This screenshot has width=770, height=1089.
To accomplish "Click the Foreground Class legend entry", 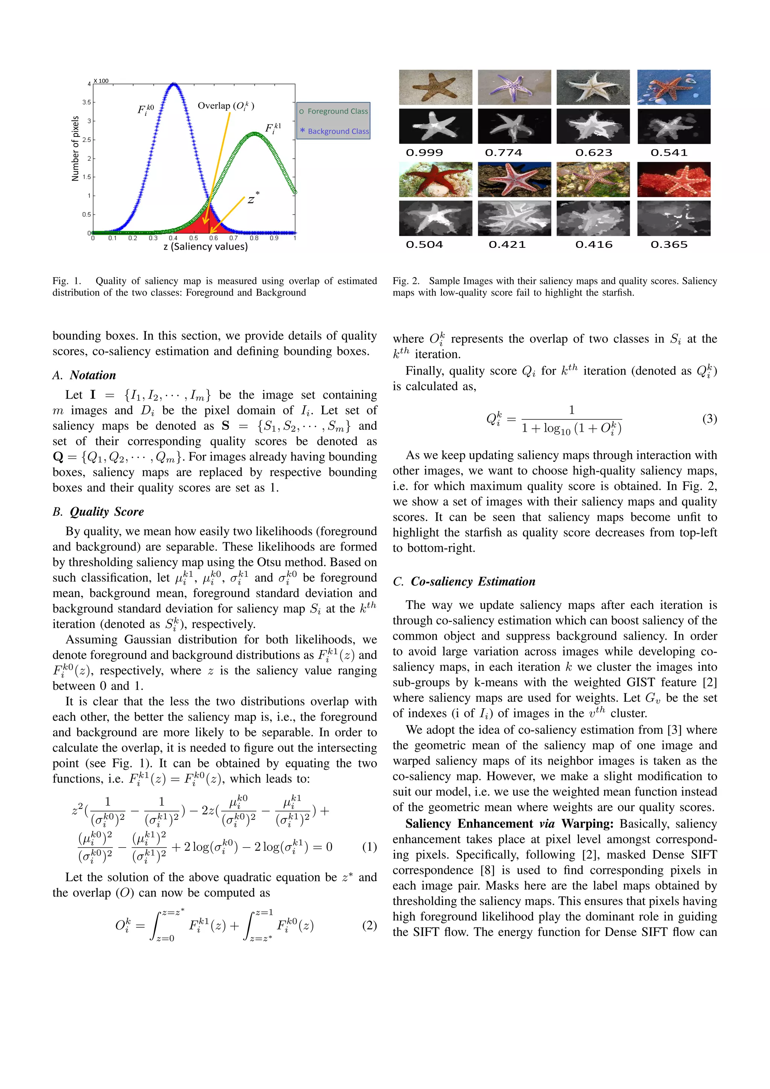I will pyautogui.click(x=334, y=111).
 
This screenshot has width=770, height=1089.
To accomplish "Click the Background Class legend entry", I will pyautogui.click(x=334, y=131).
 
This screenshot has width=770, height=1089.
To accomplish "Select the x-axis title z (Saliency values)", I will pyautogui.click(x=205, y=247).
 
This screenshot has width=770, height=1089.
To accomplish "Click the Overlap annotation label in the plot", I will pyautogui.click(x=226, y=106).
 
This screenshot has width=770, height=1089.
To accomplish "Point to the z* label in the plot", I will pyautogui.click(x=253, y=199).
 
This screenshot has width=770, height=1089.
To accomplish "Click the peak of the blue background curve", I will pyautogui.click(x=174, y=85).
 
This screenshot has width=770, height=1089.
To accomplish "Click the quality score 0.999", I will pyautogui.click(x=424, y=153).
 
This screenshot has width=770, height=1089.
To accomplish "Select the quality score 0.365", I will pyautogui.click(x=669, y=245).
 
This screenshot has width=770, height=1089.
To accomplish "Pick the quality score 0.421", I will pyautogui.click(x=507, y=245).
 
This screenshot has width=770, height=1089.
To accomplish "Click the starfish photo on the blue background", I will pyautogui.click(x=674, y=87).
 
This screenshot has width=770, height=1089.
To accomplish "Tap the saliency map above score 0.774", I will pyautogui.click(x=514, y=126).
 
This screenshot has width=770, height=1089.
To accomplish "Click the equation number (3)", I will pyautogui.click(x=709, y=419).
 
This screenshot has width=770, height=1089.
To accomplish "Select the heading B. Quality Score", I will pyautogui.click(x=98, y=512).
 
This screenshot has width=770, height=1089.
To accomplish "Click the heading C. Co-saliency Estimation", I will pyautogui.click(x=464, y=581).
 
